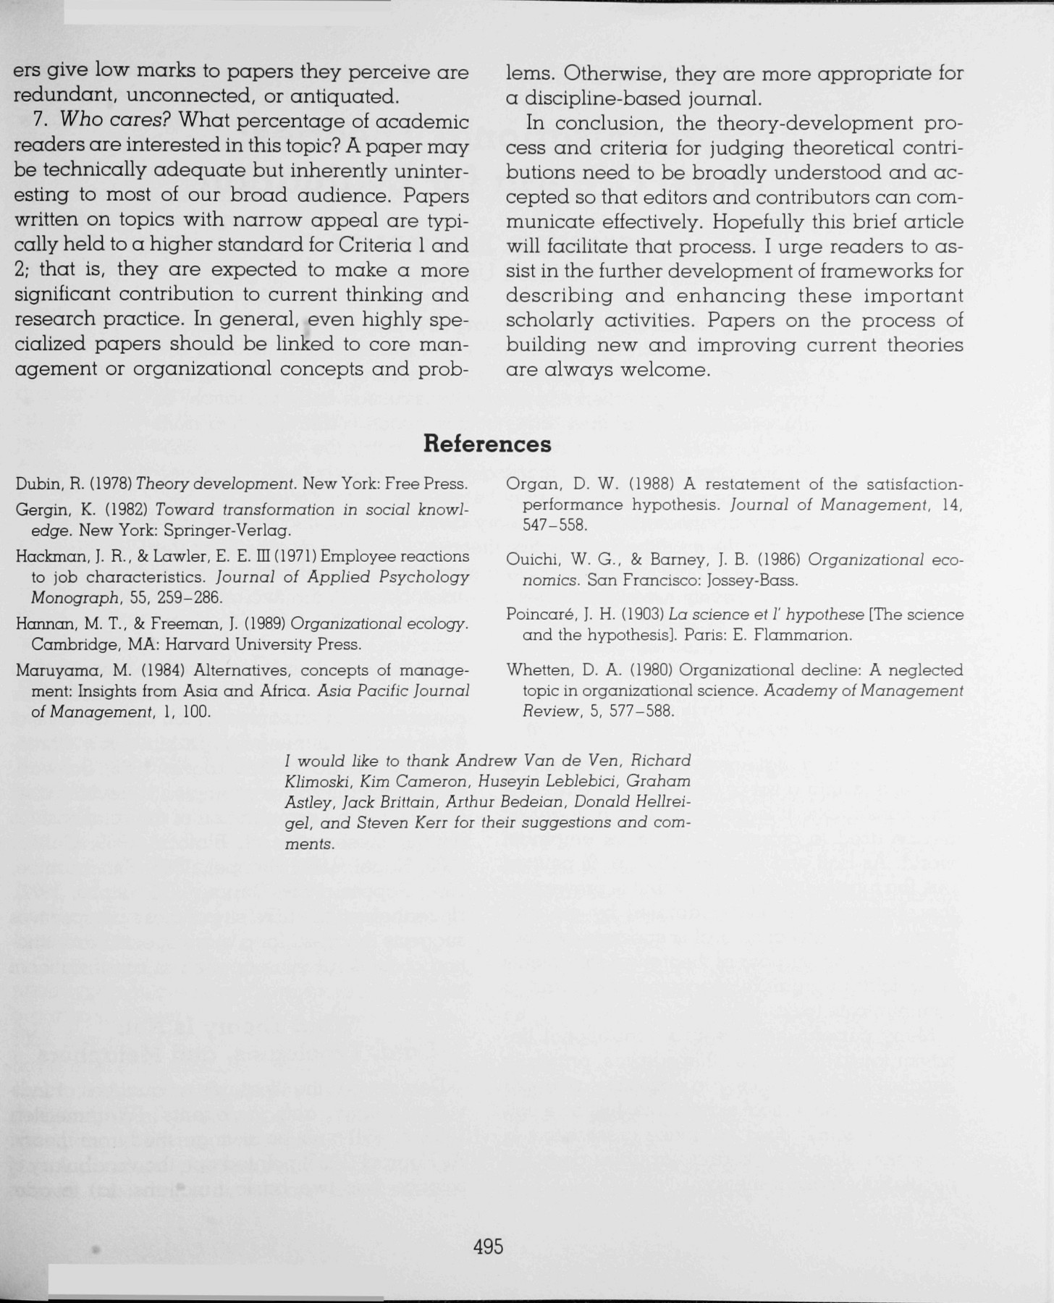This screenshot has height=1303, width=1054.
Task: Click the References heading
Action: coord(486,444)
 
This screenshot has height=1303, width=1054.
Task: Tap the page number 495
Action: coord(488,1247)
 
